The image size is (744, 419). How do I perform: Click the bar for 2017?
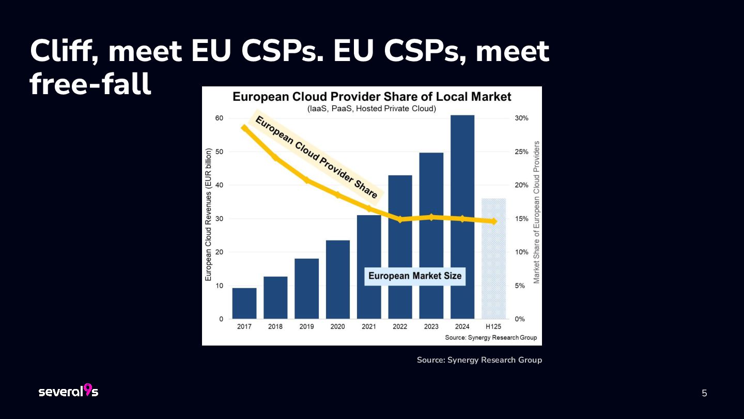click(x=244, y=303)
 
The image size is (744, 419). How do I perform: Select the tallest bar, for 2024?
click(x=462, y=217)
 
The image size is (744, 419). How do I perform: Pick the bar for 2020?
click(x=338, y=279)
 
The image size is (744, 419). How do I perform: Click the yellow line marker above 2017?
click(x=244, y=128)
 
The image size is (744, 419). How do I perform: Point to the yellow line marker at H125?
click(x=493, y=221)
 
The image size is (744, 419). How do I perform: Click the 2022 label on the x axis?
click(x=400, y=326)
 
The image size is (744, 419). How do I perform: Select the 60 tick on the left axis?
click(x=219, y=118)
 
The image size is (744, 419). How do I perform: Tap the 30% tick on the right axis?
click(x=521, y=118)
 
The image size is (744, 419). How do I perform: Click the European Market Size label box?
click(x=415, y=276)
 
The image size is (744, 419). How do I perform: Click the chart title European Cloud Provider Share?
click(x=371, y=97)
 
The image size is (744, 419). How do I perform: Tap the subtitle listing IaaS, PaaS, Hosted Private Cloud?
click(x=371, y=109)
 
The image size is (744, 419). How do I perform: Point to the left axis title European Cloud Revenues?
click(x=209, y=215)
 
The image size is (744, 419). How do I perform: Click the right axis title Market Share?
click(x=536, y=212)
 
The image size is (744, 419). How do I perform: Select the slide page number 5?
click(x=704, y=393)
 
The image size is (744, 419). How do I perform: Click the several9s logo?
click(x=68, y=391)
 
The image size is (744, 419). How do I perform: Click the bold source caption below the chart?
click(x=479, y=360)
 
